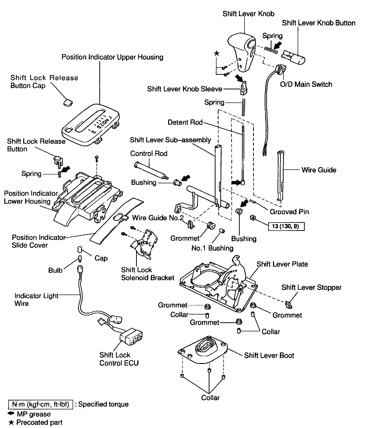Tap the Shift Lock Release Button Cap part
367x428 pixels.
pos(67,102)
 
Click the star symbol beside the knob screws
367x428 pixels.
pos(216,53)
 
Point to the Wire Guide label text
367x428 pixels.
pos(319,170)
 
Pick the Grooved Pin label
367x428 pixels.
pos(289,212)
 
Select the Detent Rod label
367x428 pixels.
pos(185,122)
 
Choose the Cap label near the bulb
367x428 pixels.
pos(101,258)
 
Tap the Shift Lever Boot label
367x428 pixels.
pos(269,355)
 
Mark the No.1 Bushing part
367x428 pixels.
pos(222,231)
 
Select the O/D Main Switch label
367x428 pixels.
pos(306,84)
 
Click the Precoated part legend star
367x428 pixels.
pos(11,422)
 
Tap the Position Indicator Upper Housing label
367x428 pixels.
pos(112,57)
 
